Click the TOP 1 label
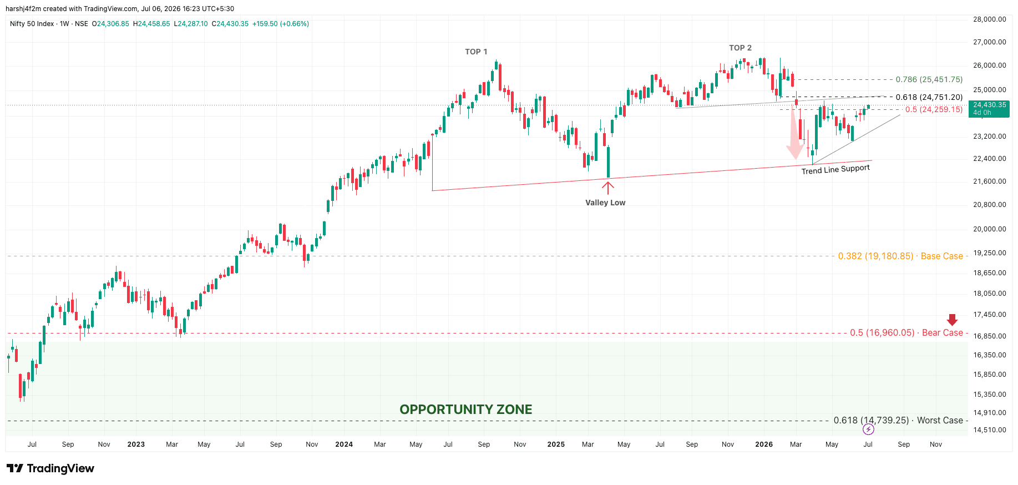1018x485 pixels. [x=476, y=52]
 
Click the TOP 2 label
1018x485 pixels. [x=740, y=48]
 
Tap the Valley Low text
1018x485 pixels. [x=605, y=203]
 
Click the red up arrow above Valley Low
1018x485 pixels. [x=608, y=188]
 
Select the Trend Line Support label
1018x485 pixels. [x=835, y=169]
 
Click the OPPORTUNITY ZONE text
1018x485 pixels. [x=466, y=410]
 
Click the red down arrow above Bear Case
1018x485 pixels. [x=952, y=320]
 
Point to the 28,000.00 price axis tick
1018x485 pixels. [x=989, y=19]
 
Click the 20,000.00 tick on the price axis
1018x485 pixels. [x=989, y=229]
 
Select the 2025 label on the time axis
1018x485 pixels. [x=556, y=444]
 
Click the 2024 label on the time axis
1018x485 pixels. [x=344, y=444]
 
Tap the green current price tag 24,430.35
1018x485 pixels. [x=989, y=108]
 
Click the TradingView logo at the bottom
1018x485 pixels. [x=50, y=468]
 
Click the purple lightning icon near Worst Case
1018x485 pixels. [x=868, y=430]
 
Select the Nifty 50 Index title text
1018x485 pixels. [x=32, y=24]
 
